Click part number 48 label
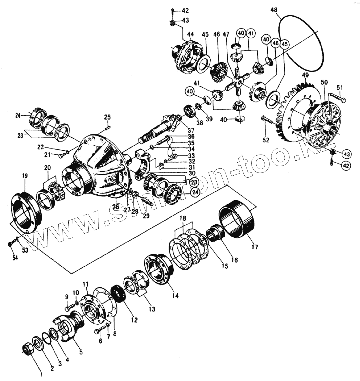point(274,10)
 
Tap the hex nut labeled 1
point(28,350)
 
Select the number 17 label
point(254,247)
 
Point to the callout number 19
point(25,175)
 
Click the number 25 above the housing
point(107,117)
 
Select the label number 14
point(175,295)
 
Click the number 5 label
point(80,352)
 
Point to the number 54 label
point(15,258)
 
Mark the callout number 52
point(266,140)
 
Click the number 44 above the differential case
point(190,34)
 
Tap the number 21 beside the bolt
point(47,155)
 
